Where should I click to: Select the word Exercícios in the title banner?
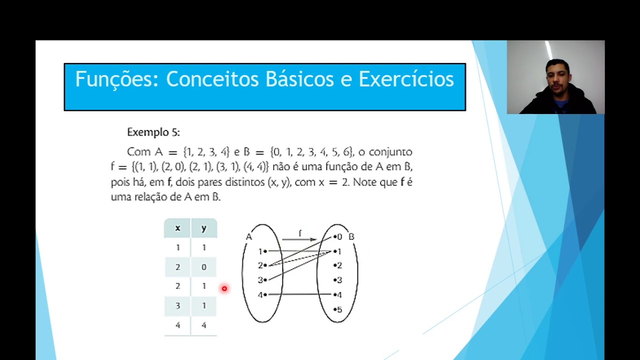pyautogui.click(x=406, y=79)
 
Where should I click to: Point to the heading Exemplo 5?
pyautogui.click(x=153, y=132)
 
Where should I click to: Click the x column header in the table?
pyautogui.click(x=177, y=228)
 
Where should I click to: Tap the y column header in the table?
pyautogui.click(x=203, y=228)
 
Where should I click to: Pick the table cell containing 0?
pyautogui.click(x=203, y=267)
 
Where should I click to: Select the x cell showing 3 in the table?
pyautogui.click(x=177, y=305)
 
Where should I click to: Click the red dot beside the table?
pyautogui.click(x=224, y=288)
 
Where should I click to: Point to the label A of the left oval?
pyautogui.click(x=248, y=236)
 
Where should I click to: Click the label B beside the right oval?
pyautogui.click(x=351, y=236)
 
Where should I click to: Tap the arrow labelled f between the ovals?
pyautogui.click(x=299, y=238)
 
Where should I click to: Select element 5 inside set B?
pyautogui.click(x=338, y=309)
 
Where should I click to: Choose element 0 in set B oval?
pyautogui.click(x=338, y=237)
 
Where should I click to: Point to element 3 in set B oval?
pyautogui.click(x=338, y=280)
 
